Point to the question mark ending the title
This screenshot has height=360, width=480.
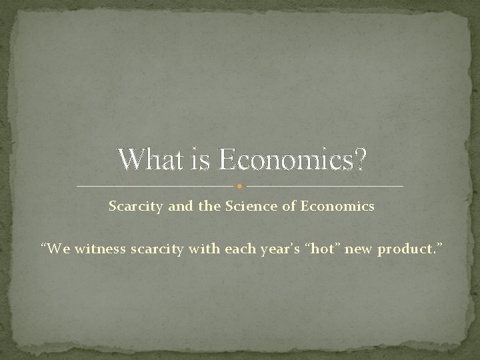click(359, 159)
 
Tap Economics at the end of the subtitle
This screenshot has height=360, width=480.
click(339, 207)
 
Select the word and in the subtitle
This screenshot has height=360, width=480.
click(179, 207)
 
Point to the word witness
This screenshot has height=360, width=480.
click(98, 249)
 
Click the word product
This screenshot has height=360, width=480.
click(405, 250)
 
